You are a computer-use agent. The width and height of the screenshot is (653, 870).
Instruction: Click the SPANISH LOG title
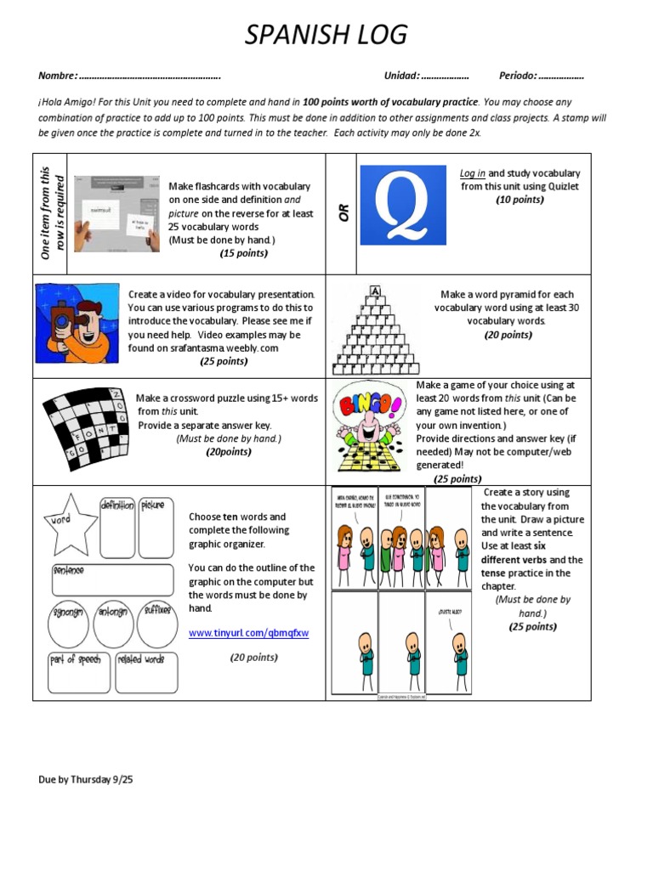[x=326, y=35]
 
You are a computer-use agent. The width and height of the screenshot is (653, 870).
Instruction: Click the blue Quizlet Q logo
[x=402, y=205]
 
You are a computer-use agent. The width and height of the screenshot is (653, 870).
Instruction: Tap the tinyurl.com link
[x=248, y=633]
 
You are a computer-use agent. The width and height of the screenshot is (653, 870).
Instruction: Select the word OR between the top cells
[x=344, y=212]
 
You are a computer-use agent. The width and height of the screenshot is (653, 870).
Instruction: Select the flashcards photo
[x=116, y=213]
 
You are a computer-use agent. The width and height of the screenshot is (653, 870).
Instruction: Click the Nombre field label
[x=58, y=76]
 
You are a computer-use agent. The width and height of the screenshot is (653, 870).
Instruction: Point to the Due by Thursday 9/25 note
[x=86, y=779]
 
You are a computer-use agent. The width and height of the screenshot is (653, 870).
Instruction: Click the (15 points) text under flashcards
[x=243, y=253]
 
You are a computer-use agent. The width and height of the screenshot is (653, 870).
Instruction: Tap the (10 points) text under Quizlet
[x=520, y=200]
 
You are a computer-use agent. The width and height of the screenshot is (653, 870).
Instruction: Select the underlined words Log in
[x=472, y=173]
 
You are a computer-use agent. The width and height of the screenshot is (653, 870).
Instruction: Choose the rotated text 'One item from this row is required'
[x=51, y=212]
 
